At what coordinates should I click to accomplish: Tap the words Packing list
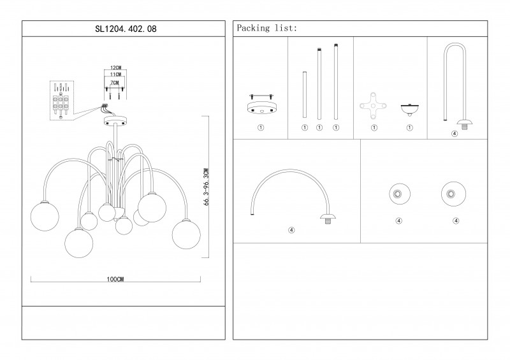coord(266,29)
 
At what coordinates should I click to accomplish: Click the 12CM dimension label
coord(115,68)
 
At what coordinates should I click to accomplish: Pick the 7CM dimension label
coord(115,83)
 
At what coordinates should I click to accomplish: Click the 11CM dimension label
coord(115,75)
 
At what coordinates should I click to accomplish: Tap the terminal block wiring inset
coord(61,99)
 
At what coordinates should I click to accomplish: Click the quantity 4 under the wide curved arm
coord(291,230)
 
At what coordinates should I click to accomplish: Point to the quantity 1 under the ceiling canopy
coord(261,128)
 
